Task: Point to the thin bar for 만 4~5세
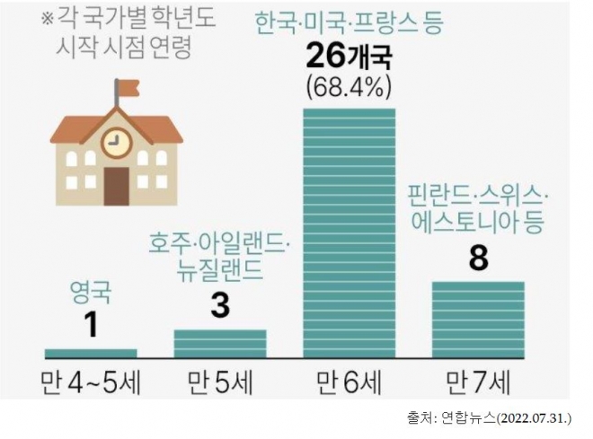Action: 91,353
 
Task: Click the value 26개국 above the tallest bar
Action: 350,60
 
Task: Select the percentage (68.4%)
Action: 350,90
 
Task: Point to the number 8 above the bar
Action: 478,260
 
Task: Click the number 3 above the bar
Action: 220,306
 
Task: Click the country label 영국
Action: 90,292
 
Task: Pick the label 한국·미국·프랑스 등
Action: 350,22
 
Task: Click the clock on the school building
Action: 116,142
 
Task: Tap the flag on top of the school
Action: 127,88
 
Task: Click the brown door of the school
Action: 116,186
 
